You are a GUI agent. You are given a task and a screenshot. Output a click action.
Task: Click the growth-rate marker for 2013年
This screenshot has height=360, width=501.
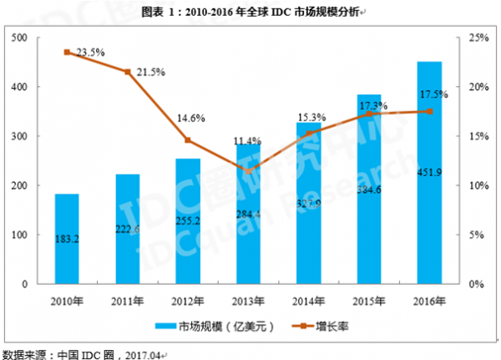pyautogui.click(x=248, y=171)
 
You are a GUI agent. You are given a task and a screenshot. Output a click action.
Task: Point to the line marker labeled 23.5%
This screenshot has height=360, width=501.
pyautogui.click(x=67, y=53)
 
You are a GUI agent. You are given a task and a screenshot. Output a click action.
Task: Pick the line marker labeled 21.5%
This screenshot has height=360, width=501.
pyautogui.click(x=128, y=72)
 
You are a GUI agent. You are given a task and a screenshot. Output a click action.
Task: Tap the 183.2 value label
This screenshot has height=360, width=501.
pyautogui.click(x=67, y=239)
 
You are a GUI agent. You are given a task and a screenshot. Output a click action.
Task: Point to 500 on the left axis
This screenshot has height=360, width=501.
pyautogui.click(x=21, y=38)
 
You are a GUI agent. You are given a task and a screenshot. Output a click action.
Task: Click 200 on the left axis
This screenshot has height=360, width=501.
pyautogui.click(x=21, y=185)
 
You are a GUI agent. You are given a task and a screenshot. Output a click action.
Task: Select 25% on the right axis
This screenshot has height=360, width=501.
pyautogui.click(x=477, y=38)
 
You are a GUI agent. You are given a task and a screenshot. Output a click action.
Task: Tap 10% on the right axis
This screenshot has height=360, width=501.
pyautogui.click(x=477, y=185)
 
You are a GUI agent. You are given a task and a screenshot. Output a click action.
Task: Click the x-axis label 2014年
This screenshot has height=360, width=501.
pyautogui.click(x=309, y=298)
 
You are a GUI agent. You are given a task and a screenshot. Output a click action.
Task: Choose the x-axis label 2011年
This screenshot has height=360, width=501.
pyautogui.click(x=128, y=298)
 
